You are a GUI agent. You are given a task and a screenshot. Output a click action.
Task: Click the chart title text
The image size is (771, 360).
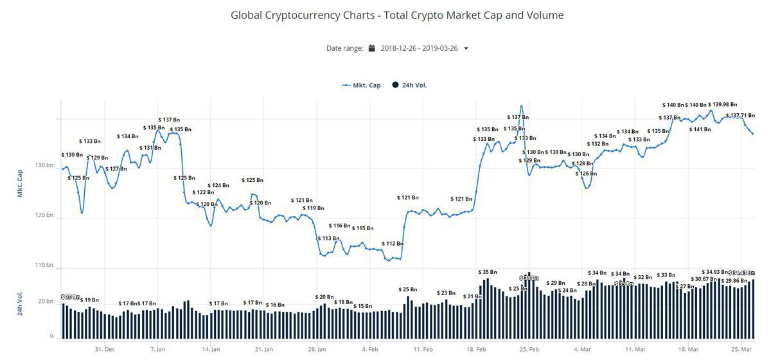click(x=397, y=15)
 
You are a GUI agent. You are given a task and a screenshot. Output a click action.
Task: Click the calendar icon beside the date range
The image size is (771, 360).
click(x=371, y=48)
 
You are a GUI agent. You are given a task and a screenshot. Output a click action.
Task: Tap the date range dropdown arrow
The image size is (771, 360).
click(x=466, y=48)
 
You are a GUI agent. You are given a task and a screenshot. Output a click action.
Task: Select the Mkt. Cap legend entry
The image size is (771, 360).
click(x=362, y=85)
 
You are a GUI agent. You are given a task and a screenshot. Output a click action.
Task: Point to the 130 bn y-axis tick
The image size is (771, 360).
click(x=44, y=165)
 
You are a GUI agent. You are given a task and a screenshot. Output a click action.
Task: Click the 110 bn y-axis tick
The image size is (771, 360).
click(x=44, y=265)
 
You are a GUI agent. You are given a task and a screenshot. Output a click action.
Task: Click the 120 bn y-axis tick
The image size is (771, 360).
click(x=44, y=215)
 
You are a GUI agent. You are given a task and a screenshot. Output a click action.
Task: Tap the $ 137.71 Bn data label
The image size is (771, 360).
click(x=740, y=116)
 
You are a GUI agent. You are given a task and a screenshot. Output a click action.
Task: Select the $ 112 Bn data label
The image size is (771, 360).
click(x=393, y=244)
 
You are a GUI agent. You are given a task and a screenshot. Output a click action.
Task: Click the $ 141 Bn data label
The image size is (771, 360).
click(x=700, y=129)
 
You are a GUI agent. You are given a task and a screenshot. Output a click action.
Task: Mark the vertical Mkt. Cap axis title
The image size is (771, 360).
click(x=20, y=183)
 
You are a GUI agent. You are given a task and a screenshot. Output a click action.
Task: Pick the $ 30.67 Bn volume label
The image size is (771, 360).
click(x=705, y=278)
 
